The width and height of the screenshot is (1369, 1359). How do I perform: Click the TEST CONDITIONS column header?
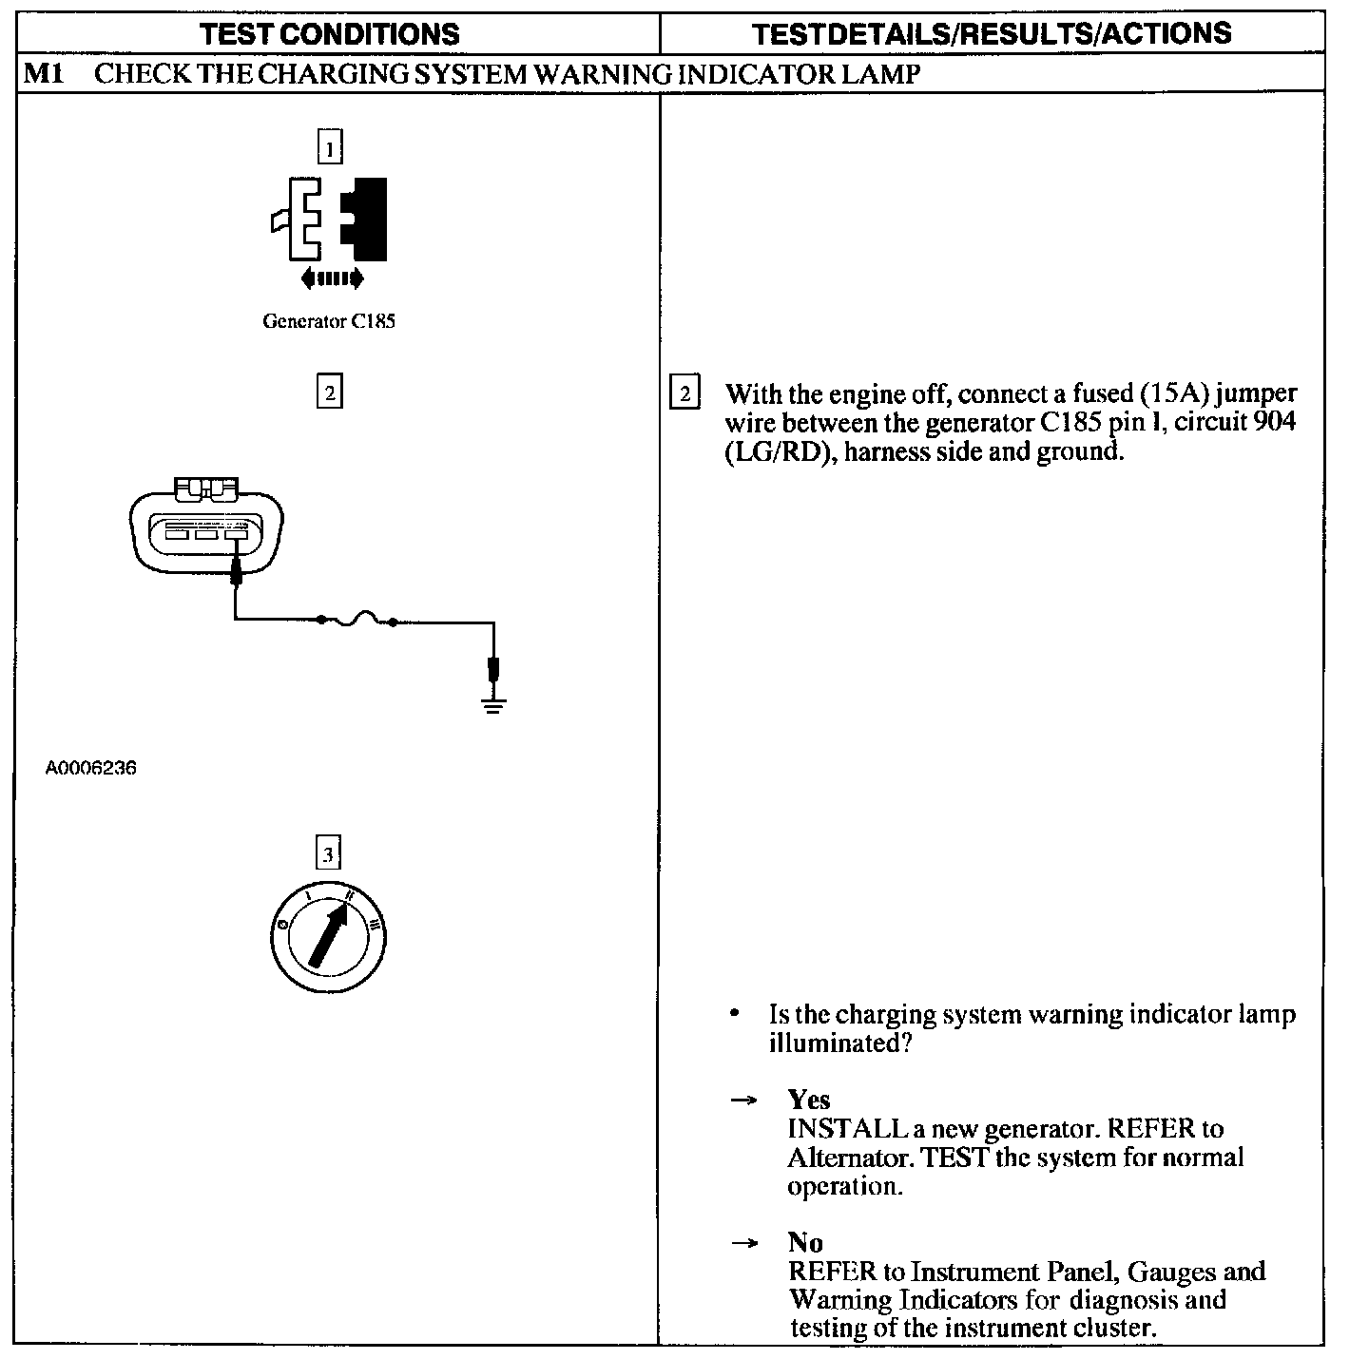pyautogui.click(x=330, y=35)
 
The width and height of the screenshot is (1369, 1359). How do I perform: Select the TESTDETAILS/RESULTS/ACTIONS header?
pyautogui.click(x=992, y=34)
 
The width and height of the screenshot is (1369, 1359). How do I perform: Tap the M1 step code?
pyautogui.click(x=43, y=74)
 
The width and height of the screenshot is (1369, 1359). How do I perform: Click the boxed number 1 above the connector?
pyautogui.click(x=329, y=148)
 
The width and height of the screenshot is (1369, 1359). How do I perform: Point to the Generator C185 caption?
pyautogui.click(x=328, y=321)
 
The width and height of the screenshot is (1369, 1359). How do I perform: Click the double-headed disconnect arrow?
pyautogui.click(x=331, y=278)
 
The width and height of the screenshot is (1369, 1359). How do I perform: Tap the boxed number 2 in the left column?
pyautogui.click(x=329, y=392)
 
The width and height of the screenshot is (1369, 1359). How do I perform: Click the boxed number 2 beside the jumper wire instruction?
pyautogui.click(x=684, y=392)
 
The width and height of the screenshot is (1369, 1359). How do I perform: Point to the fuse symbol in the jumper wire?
pyautogui.click(x=357, y=620)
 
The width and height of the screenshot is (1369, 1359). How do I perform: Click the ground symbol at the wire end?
pyautogui.click(x=492, y=704)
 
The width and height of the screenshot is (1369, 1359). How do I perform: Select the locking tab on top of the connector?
pyautogui.click(x=208, y=488)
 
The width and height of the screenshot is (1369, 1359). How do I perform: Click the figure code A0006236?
pyautogui.click(x=90, y=768)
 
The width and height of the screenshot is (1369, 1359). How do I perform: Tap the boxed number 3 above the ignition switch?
pyautogui.click(x=328, y=854)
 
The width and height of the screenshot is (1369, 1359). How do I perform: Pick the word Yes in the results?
pyautogui.click(x=809, y=1100)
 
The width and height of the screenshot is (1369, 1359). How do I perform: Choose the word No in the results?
pyautogui.click(x=805, y=1242)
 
